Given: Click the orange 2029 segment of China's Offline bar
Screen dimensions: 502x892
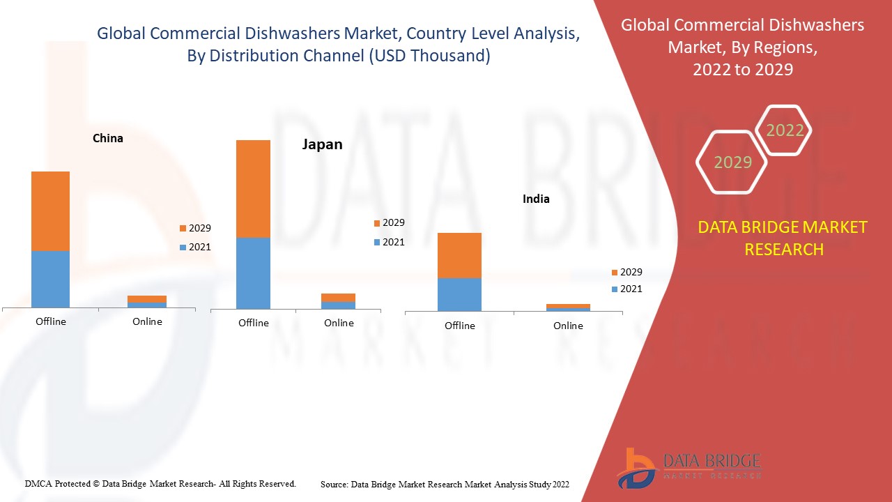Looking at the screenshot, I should tap(50, 211).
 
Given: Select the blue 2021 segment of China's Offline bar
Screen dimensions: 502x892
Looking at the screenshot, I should tap(50, 279).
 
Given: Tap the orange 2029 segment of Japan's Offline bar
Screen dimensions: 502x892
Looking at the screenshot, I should tap(253, 188).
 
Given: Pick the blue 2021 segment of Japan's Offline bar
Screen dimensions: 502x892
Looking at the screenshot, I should tap(253, 273).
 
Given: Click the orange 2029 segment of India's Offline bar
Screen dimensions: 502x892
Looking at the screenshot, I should tap(459, 255).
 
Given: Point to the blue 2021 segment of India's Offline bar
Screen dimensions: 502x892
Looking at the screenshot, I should tap(459, 294).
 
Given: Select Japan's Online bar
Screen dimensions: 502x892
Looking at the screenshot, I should tap(338, 301).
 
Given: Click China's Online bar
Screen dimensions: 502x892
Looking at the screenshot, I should tap(147, 301).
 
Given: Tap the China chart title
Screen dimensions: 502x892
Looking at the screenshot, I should tap(108, 138).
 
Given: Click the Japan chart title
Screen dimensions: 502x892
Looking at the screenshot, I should tap(322, 144).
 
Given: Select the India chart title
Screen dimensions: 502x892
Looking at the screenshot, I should tap(536, 199).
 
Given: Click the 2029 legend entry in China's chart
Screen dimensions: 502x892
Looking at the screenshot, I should tap(194, 228).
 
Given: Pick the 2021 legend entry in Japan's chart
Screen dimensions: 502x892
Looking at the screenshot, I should tap(388, 242).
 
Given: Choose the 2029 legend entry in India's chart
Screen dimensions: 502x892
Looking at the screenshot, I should tap(626, 272).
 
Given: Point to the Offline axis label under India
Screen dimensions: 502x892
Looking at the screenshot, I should tap(459, 326).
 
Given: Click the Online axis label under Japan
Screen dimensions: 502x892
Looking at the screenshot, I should tap(339, 323).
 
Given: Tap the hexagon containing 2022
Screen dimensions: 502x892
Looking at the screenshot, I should tap(785, 130).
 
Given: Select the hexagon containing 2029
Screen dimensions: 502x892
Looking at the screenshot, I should tap(732, 162).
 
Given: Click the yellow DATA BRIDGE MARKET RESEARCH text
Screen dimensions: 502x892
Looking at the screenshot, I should tap(783, 238).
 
